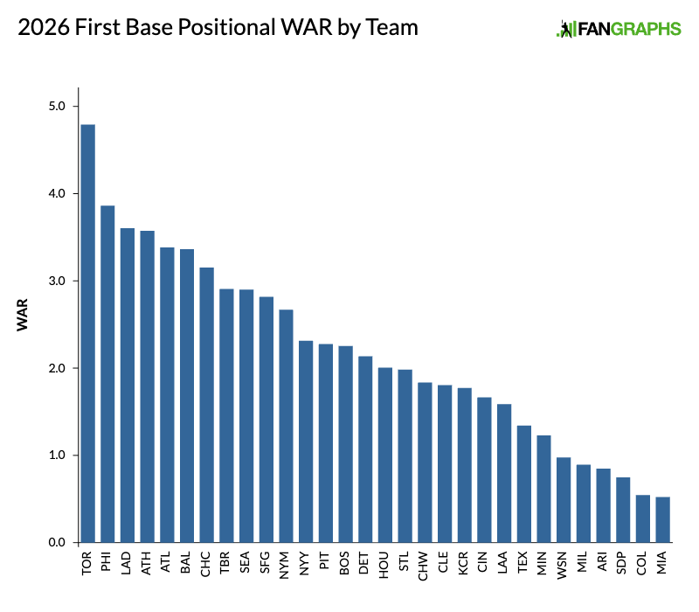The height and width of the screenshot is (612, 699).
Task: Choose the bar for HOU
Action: tap(384, 455)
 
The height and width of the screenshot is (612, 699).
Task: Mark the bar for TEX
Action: tap(523, 484)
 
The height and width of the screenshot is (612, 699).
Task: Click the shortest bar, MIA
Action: tap(662, 520)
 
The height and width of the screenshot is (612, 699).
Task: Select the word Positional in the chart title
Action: tap(225, 28)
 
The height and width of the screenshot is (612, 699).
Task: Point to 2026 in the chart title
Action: tap(40, 28)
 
